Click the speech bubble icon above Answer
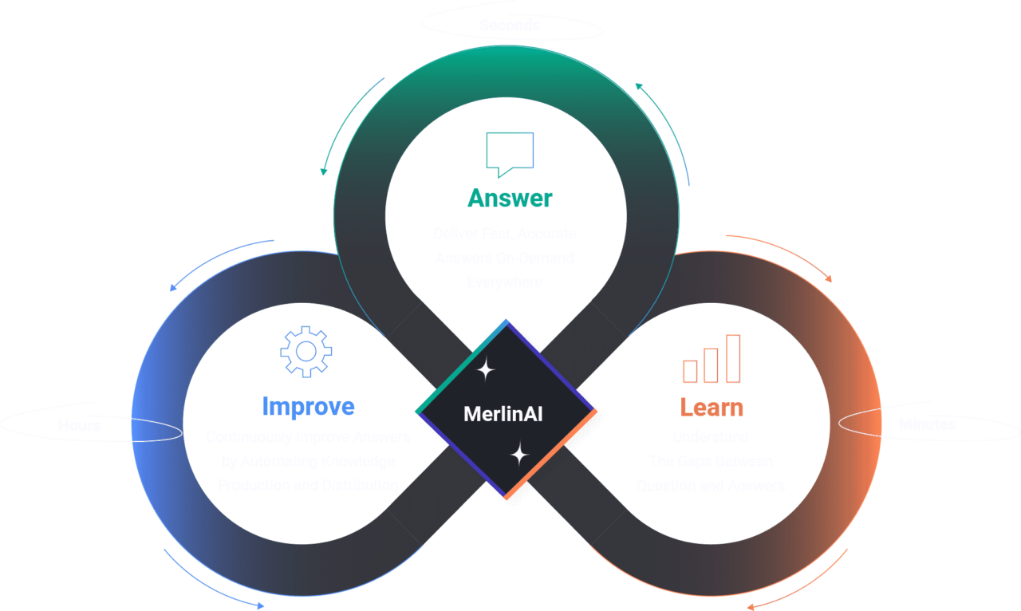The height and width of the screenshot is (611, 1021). click(x=510, y=152)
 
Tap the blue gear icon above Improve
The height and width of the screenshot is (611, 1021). click(x=306, y=350)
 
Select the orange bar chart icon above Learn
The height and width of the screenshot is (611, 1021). click(x=712, y=360)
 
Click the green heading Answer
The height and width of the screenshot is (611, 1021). click(x=510, y=198)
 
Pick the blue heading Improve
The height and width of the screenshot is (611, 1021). click(x=308, y=407)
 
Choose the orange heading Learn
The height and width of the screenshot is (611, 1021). click(x=712, y=408)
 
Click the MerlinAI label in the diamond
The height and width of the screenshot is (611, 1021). click(x=503, y=415)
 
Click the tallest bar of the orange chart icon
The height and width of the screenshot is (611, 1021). click(x=733, y=358)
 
